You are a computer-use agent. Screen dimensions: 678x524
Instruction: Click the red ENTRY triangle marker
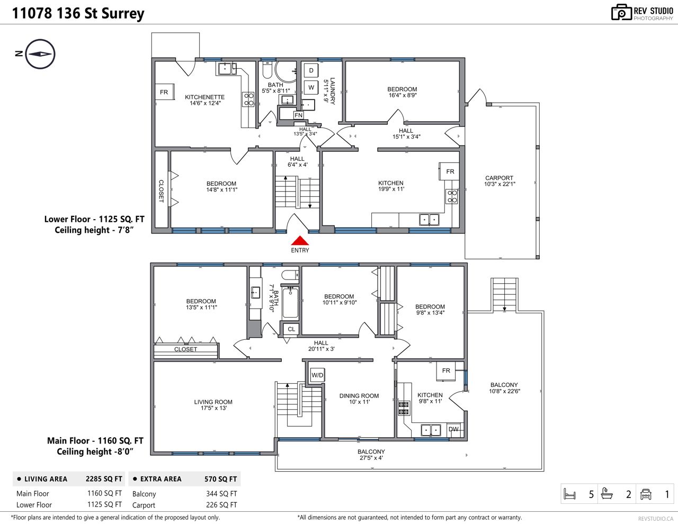coord(300,240)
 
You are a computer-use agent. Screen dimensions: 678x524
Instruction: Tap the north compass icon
coord(40,54)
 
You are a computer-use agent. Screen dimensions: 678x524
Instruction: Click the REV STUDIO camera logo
coord(621,12)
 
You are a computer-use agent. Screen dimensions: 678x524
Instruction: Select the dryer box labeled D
coord(311,70)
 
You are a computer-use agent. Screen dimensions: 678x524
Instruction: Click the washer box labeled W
coord(311,87)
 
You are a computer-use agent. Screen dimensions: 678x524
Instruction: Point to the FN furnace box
coord(298,115)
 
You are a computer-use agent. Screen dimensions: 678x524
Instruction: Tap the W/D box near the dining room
coord(317,375)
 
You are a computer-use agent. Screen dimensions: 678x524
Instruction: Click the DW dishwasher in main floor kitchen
coord(453,429)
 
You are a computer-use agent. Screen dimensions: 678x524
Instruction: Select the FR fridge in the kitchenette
coord(164,92)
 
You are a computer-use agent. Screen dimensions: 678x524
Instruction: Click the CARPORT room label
coord(499,178)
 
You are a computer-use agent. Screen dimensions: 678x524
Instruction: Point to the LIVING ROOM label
coord(213,402)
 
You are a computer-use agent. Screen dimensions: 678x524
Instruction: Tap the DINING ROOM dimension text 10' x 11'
coord(360,402)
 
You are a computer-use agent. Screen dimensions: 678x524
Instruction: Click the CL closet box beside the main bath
coord(291,329)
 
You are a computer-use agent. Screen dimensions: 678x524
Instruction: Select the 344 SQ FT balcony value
coord(221,493)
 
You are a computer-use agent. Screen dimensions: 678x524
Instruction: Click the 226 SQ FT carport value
coord(221,504)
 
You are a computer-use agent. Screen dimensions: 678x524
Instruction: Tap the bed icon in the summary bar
coord(570,494)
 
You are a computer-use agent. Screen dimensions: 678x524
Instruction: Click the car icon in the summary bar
coord(646,494)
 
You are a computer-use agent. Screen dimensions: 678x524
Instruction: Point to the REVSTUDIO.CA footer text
coord(656,518)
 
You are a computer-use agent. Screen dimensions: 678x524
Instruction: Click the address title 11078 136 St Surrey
coord(78,13)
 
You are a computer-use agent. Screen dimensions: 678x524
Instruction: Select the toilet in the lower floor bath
coord(267,70)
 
